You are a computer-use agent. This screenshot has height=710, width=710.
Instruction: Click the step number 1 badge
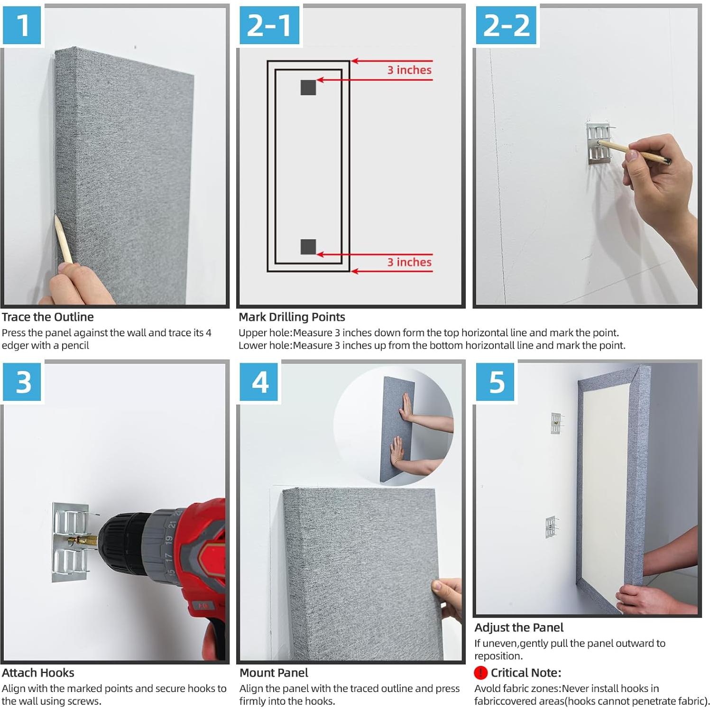click(22, 25)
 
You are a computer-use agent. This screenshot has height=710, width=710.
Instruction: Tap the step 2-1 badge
click(269, 25)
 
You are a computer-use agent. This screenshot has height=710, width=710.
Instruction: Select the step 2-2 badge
click(506, 25)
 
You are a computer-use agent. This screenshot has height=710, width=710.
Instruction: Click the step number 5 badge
click(496, 382)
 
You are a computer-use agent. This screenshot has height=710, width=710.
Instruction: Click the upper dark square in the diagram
click(308, 87)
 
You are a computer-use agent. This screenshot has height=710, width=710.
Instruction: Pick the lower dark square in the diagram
click(308, 247)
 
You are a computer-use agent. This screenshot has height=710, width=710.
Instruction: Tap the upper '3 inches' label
click(409, 70)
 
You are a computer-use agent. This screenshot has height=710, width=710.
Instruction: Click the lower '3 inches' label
click(409, 262)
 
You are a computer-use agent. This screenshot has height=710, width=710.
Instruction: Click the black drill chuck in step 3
click(119, 541)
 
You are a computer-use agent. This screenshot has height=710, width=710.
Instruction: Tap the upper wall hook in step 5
click(555, 423)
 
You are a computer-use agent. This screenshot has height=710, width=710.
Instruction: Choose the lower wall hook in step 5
click(551, 526)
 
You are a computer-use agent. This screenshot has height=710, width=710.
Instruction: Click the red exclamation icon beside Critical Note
click(480, 673)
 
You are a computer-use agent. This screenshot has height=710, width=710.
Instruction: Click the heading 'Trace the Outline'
click(47, 317)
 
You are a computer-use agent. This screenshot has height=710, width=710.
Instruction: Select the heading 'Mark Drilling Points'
click(292, 317)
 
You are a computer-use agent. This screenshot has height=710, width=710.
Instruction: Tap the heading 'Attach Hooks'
click(38, 673)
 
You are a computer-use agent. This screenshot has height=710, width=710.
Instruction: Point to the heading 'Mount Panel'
click(274, 673)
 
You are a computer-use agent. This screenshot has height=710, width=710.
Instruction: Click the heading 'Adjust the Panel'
click(519, 627)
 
